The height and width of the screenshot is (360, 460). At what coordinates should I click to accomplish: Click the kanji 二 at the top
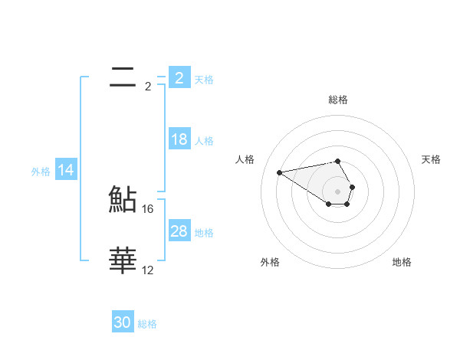(123, 77)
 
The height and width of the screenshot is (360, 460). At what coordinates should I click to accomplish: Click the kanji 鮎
(123, 199)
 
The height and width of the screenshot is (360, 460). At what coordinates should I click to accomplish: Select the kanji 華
(123, 260)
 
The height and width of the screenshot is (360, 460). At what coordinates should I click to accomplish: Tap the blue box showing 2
(179, 77)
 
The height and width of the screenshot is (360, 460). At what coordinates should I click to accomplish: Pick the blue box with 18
(179, 139)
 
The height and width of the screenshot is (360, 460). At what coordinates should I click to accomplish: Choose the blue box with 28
(179, 231)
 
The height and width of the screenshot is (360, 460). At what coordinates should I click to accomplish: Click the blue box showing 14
(66, 171)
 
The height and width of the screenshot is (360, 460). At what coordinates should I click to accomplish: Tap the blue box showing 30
(123, 322)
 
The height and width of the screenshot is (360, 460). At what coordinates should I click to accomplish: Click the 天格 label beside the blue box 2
(204, 79)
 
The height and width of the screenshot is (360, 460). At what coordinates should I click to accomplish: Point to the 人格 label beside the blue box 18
(204, 141)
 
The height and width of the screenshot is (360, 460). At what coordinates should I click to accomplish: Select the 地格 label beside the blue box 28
(204, 233)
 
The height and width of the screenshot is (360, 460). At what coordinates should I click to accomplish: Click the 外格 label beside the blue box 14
(41, 172)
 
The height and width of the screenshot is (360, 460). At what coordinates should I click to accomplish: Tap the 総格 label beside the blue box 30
(147, 324)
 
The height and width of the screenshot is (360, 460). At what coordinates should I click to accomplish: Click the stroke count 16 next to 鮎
(149, 208)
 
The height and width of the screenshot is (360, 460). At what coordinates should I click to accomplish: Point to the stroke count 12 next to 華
(148, 270)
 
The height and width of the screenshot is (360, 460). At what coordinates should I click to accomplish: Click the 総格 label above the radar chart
(338, 100)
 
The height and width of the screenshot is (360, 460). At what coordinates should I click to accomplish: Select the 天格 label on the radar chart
(432, 159)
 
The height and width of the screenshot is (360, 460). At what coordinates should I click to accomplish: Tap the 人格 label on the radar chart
(245, 159)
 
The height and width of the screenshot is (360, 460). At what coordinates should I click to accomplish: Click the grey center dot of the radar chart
(337, 191)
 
